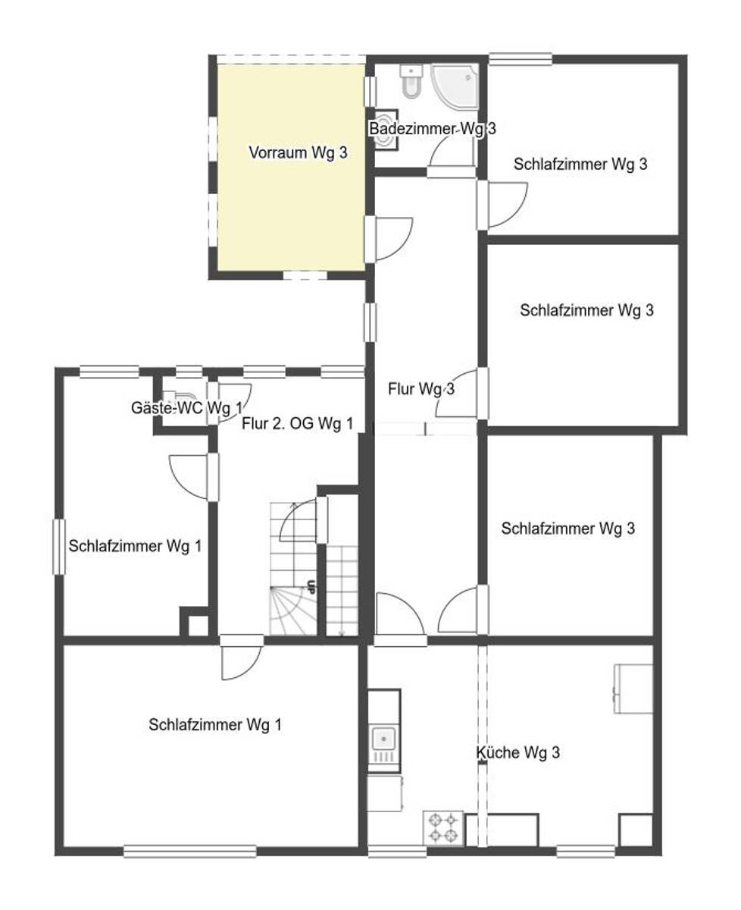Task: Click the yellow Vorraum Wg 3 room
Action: point(291,167)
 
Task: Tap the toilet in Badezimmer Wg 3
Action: point(412,80)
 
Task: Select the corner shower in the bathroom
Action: point(454,86)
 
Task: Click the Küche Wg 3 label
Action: point(517,752)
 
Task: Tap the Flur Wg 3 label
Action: point(421,389)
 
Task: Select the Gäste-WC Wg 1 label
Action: point(186,407)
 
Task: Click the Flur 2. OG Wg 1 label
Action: point(298,423)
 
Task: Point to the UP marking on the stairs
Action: point(311,587)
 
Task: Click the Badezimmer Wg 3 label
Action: point(433,129)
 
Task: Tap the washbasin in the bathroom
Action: point(386,130)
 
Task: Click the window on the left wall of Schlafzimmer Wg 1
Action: point(59,547)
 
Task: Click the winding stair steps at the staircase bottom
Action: point(292,611)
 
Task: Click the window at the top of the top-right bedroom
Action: point(521,59)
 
